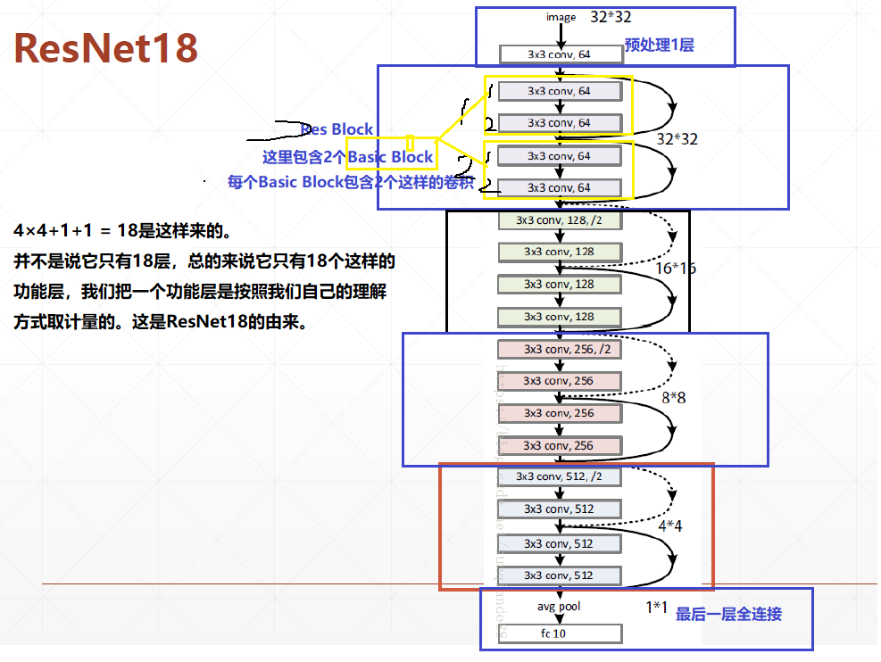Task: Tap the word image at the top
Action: click(561, 17)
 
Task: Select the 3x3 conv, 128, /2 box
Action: click(559, 219)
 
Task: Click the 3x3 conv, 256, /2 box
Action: click(559, 349)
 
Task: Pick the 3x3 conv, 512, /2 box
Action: click(559, 477)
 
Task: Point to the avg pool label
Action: click(559, 607)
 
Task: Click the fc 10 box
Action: click(559, 634)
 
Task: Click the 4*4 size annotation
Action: click(669, 526)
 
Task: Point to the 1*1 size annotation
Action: click(657, 608)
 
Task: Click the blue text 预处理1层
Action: click(659, 45)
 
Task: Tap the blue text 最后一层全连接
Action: click(728, 614)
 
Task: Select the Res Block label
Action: click(337, 129)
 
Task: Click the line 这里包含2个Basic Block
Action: click(347, 158)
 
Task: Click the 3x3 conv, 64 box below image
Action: click(559, 54)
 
